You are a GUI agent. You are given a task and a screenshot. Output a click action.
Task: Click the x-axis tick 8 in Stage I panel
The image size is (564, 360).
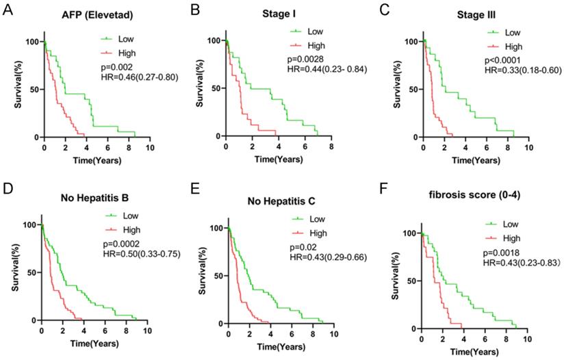(331, 148)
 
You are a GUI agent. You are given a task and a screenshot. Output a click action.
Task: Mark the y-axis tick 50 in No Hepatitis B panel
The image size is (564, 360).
(30, 272)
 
